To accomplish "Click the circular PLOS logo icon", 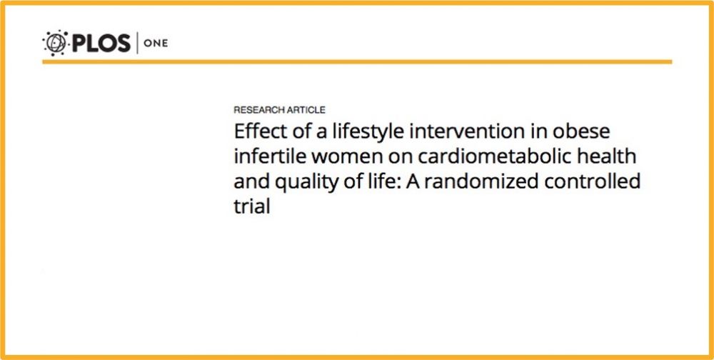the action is (x=55, y=44).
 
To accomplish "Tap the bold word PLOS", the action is (x=101, y=44).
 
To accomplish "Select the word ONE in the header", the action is (x=156, y=44).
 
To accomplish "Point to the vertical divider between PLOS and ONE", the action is (x=137, y=44).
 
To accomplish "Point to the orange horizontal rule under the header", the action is (x=357, y=62).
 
